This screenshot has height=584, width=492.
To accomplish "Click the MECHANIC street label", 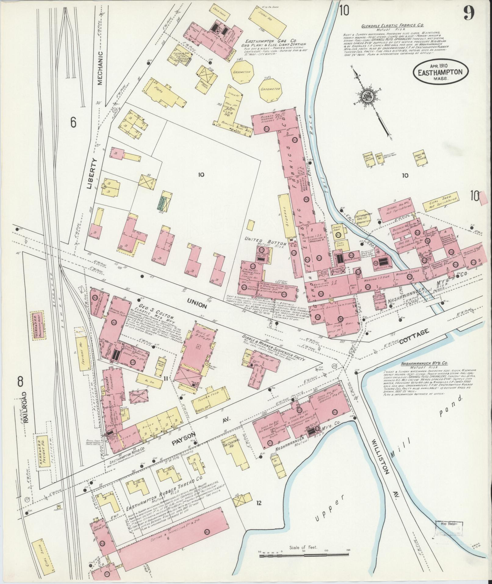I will coord(102,67).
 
